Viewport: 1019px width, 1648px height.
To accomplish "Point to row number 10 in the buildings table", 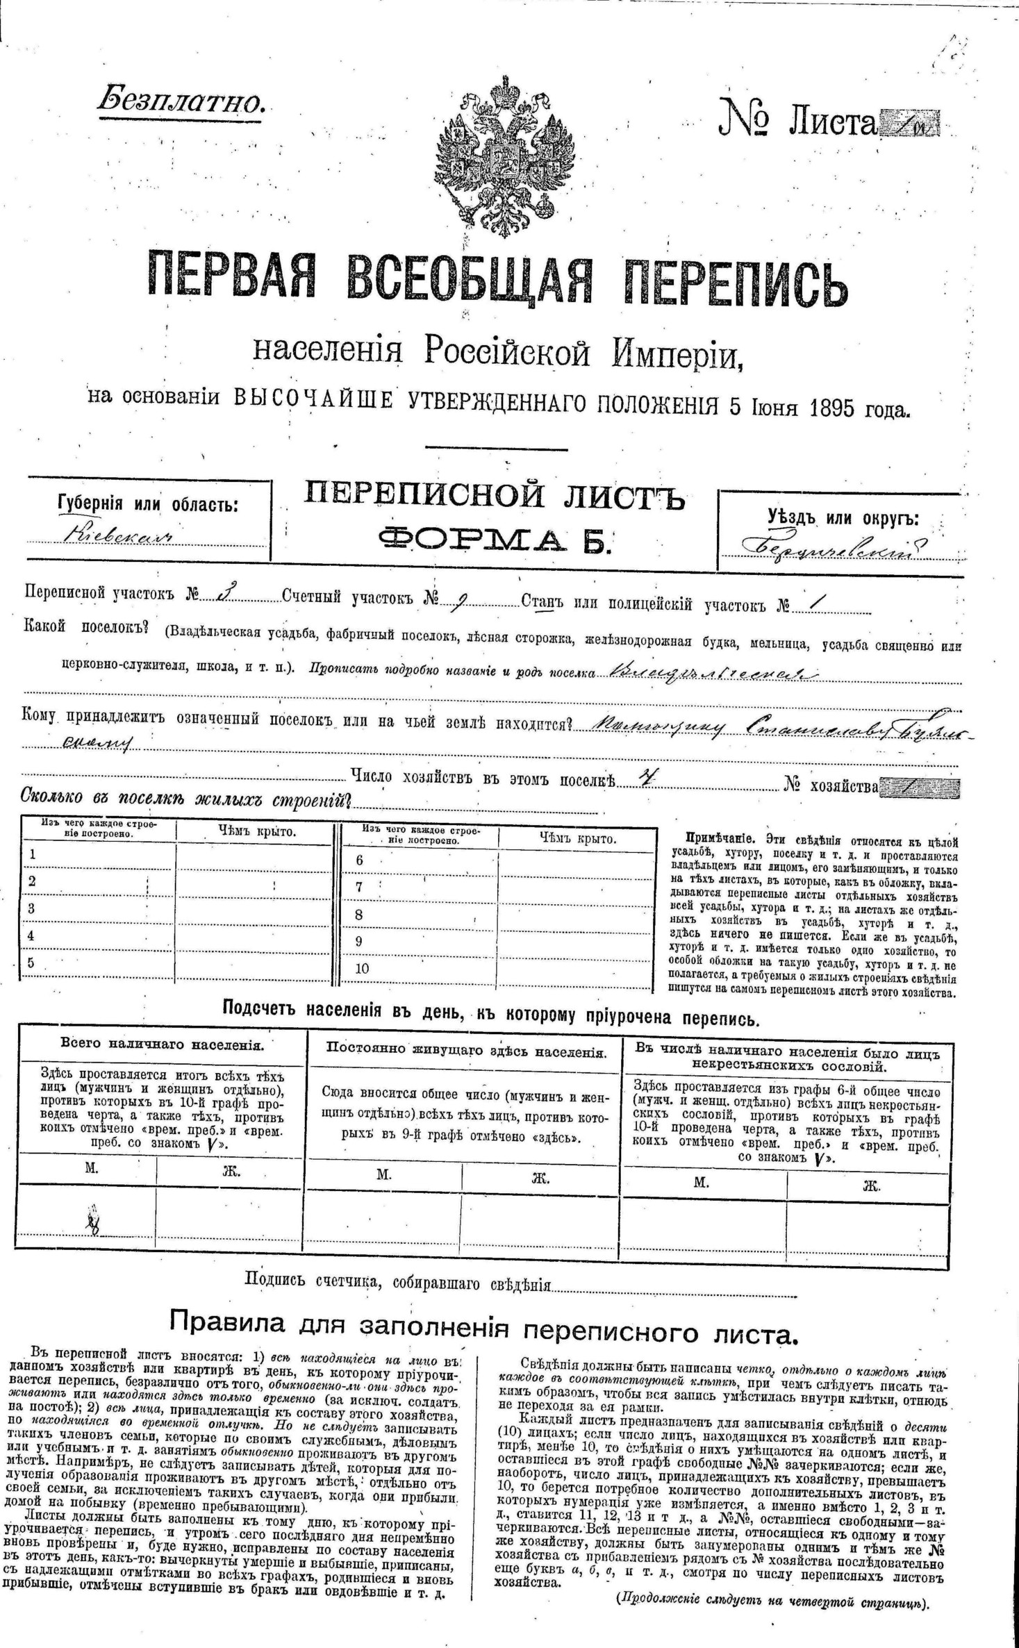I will point(363,969).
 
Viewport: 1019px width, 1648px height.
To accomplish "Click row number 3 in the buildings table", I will point(31,908).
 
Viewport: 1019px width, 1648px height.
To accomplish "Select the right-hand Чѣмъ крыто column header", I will point(577,838).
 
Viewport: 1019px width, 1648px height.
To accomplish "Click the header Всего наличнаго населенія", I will point(162,1044).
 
